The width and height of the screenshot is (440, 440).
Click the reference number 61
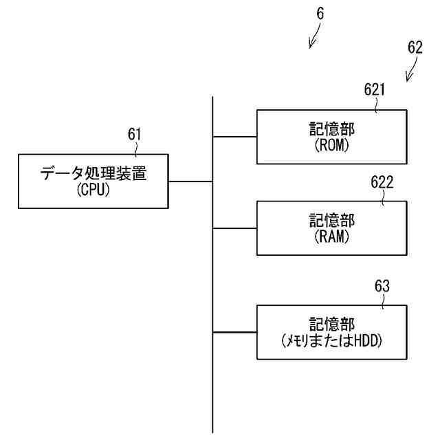click(x=135, y=133)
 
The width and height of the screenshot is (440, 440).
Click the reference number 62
click(x=415, y=47)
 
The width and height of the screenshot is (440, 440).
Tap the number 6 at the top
click(x=321, y=13)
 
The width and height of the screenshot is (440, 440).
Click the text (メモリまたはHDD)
click(x=331, y=341)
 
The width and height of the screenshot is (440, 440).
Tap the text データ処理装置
click(x=93, y=173)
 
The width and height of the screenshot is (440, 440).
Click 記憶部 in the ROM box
click(x=331, y=129)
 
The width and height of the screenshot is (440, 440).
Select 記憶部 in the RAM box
click(x=331, y=221)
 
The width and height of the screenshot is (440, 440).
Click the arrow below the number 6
click(x=314, y=38)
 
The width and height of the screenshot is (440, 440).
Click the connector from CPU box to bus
click(x=190, y=181)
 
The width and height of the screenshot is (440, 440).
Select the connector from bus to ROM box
click(x=234, y=137)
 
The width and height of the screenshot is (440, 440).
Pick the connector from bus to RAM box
click(x=234, y=228)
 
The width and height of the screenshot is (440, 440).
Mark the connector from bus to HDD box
click(x=234, y=333)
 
